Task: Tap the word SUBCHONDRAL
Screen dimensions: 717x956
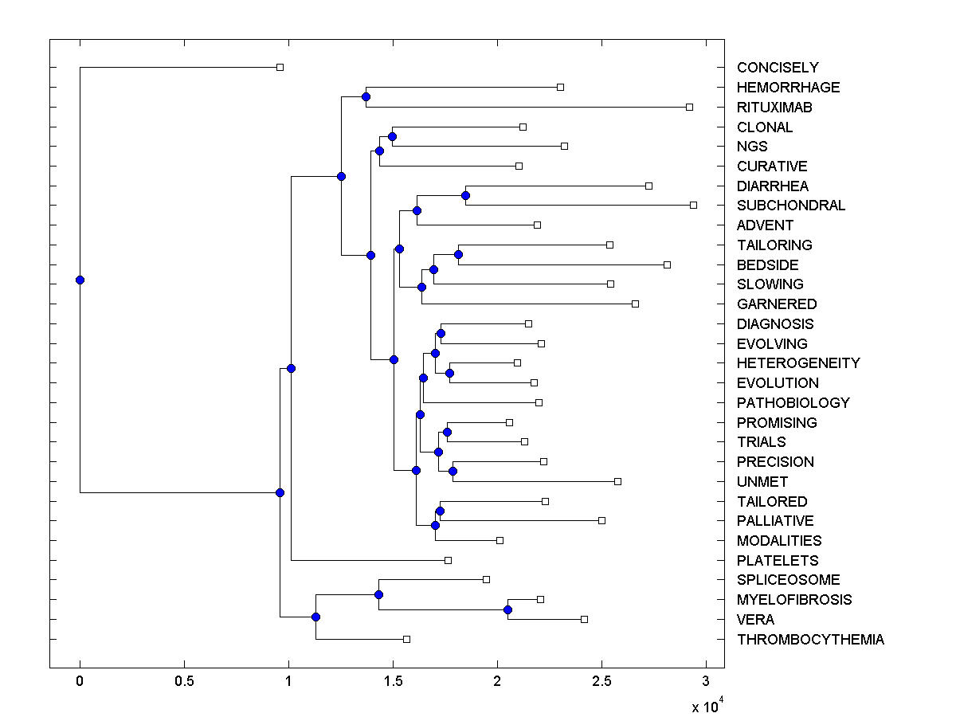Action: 791,206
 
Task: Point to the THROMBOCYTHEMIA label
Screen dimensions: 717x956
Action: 810,640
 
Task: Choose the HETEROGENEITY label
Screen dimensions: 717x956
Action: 798,363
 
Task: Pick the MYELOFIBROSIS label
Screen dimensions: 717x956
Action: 794,600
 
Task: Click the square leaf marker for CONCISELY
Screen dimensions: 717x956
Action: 280,67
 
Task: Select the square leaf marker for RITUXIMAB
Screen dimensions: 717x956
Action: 689,107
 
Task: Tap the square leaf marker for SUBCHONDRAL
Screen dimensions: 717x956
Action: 693,205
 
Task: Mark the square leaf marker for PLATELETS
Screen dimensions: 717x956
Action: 448,560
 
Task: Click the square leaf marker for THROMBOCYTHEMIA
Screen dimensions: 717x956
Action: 406,639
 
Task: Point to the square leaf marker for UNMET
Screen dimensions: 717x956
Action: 617,481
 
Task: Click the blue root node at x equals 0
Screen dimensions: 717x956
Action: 80,280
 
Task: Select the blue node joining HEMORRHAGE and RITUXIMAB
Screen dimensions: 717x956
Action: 366,97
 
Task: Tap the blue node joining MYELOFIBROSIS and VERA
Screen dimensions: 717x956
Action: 507,609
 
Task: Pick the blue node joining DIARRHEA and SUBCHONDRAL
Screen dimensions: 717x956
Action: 465,195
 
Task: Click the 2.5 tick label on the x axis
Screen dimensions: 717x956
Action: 601,682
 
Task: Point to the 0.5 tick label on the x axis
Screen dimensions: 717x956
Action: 184,682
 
